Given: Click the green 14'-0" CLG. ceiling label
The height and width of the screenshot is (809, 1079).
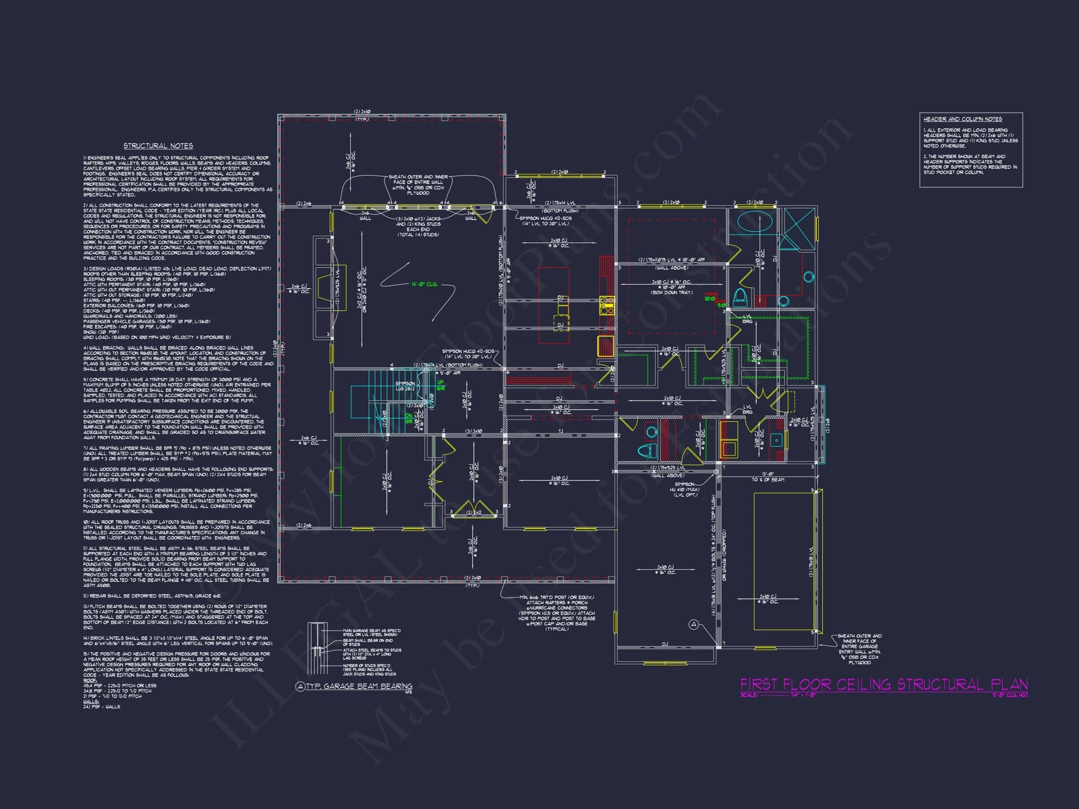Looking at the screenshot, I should pos(424,284).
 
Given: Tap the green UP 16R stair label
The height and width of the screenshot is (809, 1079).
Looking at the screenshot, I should pos(441,385).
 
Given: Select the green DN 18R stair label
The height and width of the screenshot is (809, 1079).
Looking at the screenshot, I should pos(409,418).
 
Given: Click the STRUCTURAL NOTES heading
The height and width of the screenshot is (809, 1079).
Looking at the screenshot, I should pos(158,146).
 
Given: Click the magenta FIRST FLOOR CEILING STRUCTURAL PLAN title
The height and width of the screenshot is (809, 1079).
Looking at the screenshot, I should pos(884,684).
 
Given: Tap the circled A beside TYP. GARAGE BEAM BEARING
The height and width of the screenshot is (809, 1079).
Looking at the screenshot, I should pos(301,687).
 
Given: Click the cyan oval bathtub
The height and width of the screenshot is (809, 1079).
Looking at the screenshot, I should pos(754,223).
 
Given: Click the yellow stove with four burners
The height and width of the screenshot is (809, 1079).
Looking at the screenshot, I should pos(607,305).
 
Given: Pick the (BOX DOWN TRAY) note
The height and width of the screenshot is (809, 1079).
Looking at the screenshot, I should pos(671,293).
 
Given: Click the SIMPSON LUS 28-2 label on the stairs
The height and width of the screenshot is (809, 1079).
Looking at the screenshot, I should pos(405,386).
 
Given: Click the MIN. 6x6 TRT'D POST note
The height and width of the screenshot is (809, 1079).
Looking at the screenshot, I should pos(556,597).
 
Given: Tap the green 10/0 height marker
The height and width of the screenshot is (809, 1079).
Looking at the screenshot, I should pos(710,298).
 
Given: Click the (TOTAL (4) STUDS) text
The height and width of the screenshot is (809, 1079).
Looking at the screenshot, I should pos(418,235).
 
